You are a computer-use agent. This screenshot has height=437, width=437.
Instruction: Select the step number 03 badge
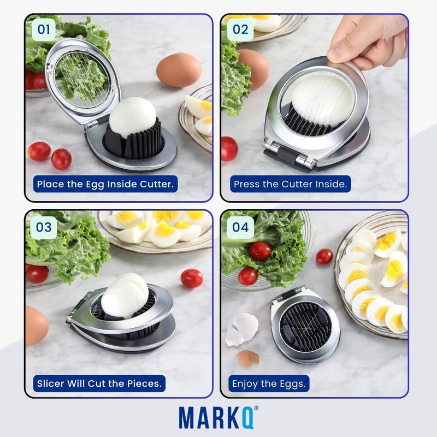44,227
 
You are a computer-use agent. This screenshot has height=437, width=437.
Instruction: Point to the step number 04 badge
240,227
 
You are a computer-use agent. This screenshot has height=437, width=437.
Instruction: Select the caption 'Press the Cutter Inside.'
290,184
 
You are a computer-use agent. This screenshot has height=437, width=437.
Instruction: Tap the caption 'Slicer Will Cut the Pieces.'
99,383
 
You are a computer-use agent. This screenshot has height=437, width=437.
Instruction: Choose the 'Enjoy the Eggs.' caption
268,383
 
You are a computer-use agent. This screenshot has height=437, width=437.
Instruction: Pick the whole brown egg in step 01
179,70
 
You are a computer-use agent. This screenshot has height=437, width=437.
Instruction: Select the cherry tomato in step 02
229,148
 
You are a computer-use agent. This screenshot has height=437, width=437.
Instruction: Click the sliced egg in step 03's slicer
125,295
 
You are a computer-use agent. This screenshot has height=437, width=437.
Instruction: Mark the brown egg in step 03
36,325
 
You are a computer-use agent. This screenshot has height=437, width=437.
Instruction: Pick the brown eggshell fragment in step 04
247,358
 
